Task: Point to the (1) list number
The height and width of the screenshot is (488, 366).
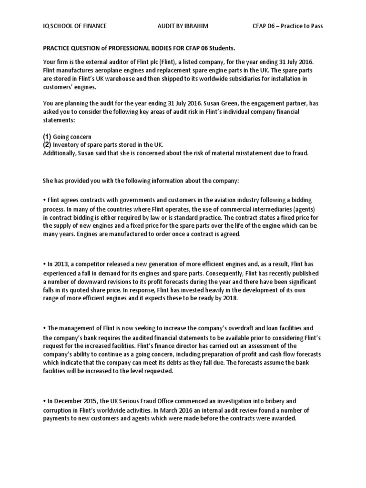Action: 47,137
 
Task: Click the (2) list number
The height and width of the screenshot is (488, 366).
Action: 47,144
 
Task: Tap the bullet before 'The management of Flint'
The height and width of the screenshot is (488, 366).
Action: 44,328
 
